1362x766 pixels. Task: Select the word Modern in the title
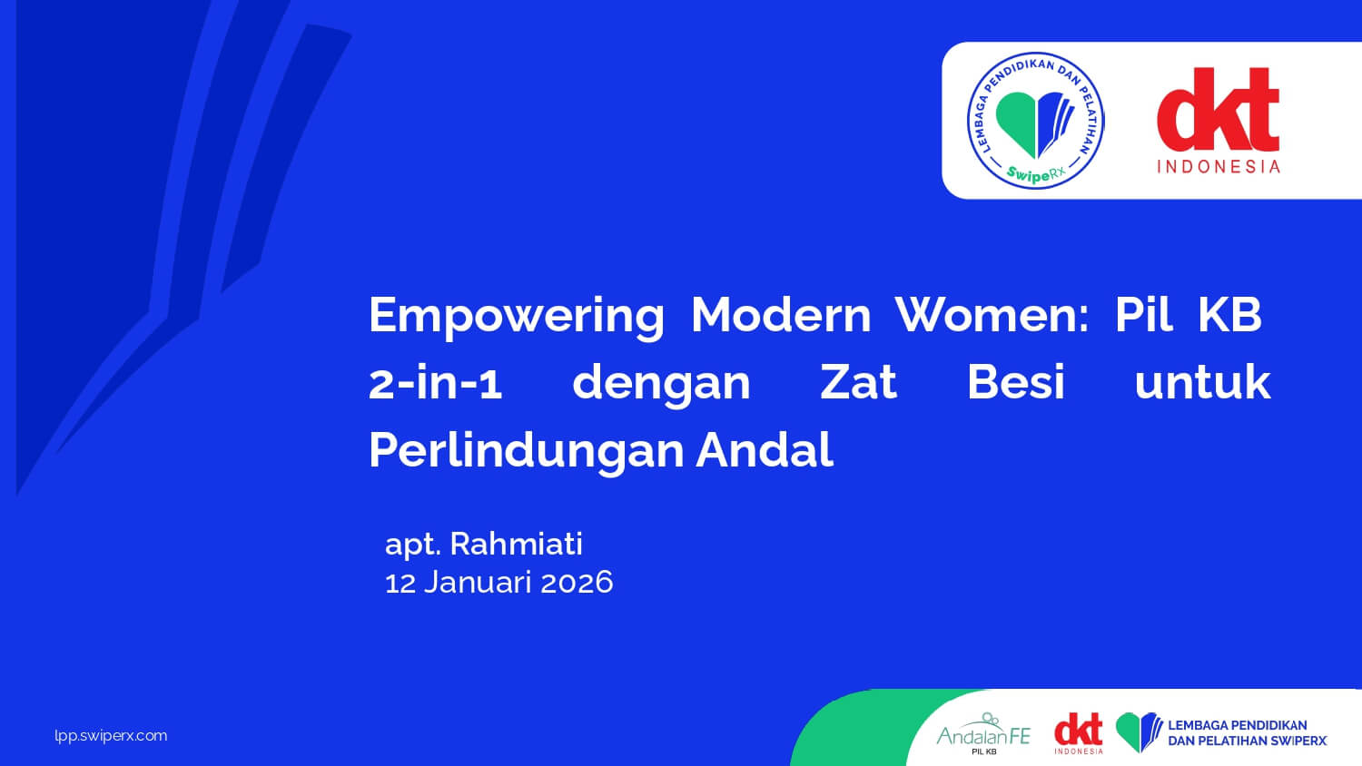pos(781,315)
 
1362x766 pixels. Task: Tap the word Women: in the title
pos(992,315)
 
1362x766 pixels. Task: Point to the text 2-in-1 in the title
pos(435,382)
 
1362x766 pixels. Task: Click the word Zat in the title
pos(859,382)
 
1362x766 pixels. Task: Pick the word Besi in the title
pos(1016,382)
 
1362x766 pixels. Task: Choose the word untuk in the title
pos(1203,382)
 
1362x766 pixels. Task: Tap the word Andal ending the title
pos(765,450)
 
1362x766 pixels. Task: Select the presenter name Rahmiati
pos(517,544)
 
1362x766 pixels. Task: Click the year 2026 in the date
pos(577,583)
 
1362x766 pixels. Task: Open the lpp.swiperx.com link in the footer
pos(111,736)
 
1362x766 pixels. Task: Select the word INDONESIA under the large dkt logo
pos(1219,167)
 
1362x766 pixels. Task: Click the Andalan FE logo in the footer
pos(983,733)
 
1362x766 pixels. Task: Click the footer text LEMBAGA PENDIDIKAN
pos(1238,725)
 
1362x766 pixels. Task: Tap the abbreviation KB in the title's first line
pos(1230,315)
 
